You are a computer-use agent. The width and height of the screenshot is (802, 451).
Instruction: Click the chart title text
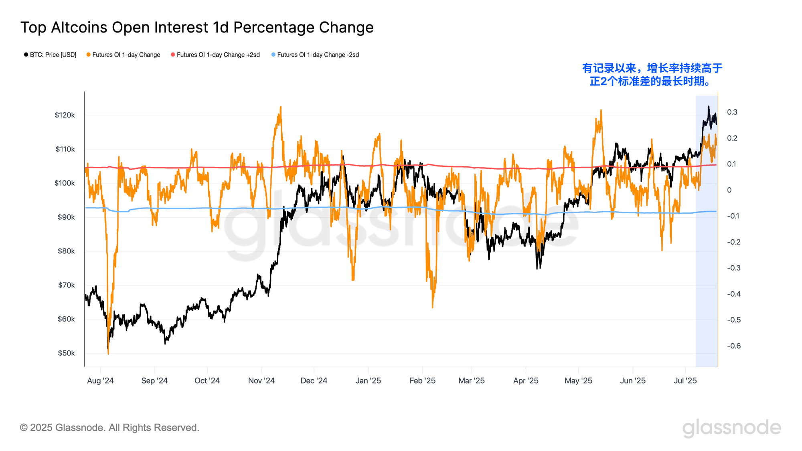tap(197, 28)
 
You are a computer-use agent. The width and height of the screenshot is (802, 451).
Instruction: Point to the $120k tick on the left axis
tap(65, 115)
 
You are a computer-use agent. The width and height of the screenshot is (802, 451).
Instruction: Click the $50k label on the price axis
tap(66, 354)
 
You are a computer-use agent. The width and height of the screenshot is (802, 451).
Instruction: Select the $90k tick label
tap(66, 217)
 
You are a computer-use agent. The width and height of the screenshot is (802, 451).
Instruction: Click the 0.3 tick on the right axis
tap(732, 112)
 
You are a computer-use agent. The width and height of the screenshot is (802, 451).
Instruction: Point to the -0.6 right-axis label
tap(733, 346)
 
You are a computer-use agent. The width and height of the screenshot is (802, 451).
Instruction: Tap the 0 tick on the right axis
tap(729, 190)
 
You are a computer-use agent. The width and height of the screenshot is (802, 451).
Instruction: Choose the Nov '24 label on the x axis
tap(261, 381)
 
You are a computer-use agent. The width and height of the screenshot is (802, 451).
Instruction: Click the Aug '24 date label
tap(100, 381)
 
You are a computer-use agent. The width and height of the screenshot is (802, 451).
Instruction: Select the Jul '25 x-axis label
tap(685, 381)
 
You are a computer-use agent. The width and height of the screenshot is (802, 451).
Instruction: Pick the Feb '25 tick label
tap(422, 381)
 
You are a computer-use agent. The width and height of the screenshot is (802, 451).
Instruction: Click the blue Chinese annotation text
tap(652, 75)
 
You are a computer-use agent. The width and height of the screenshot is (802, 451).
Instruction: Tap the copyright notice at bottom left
tap(109, 428)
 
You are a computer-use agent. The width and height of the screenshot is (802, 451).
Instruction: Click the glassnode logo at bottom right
tap(731, 428)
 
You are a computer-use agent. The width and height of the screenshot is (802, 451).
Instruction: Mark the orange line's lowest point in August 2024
tap(108, 354)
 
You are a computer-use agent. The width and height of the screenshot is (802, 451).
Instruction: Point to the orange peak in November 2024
tap(281, 107)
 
